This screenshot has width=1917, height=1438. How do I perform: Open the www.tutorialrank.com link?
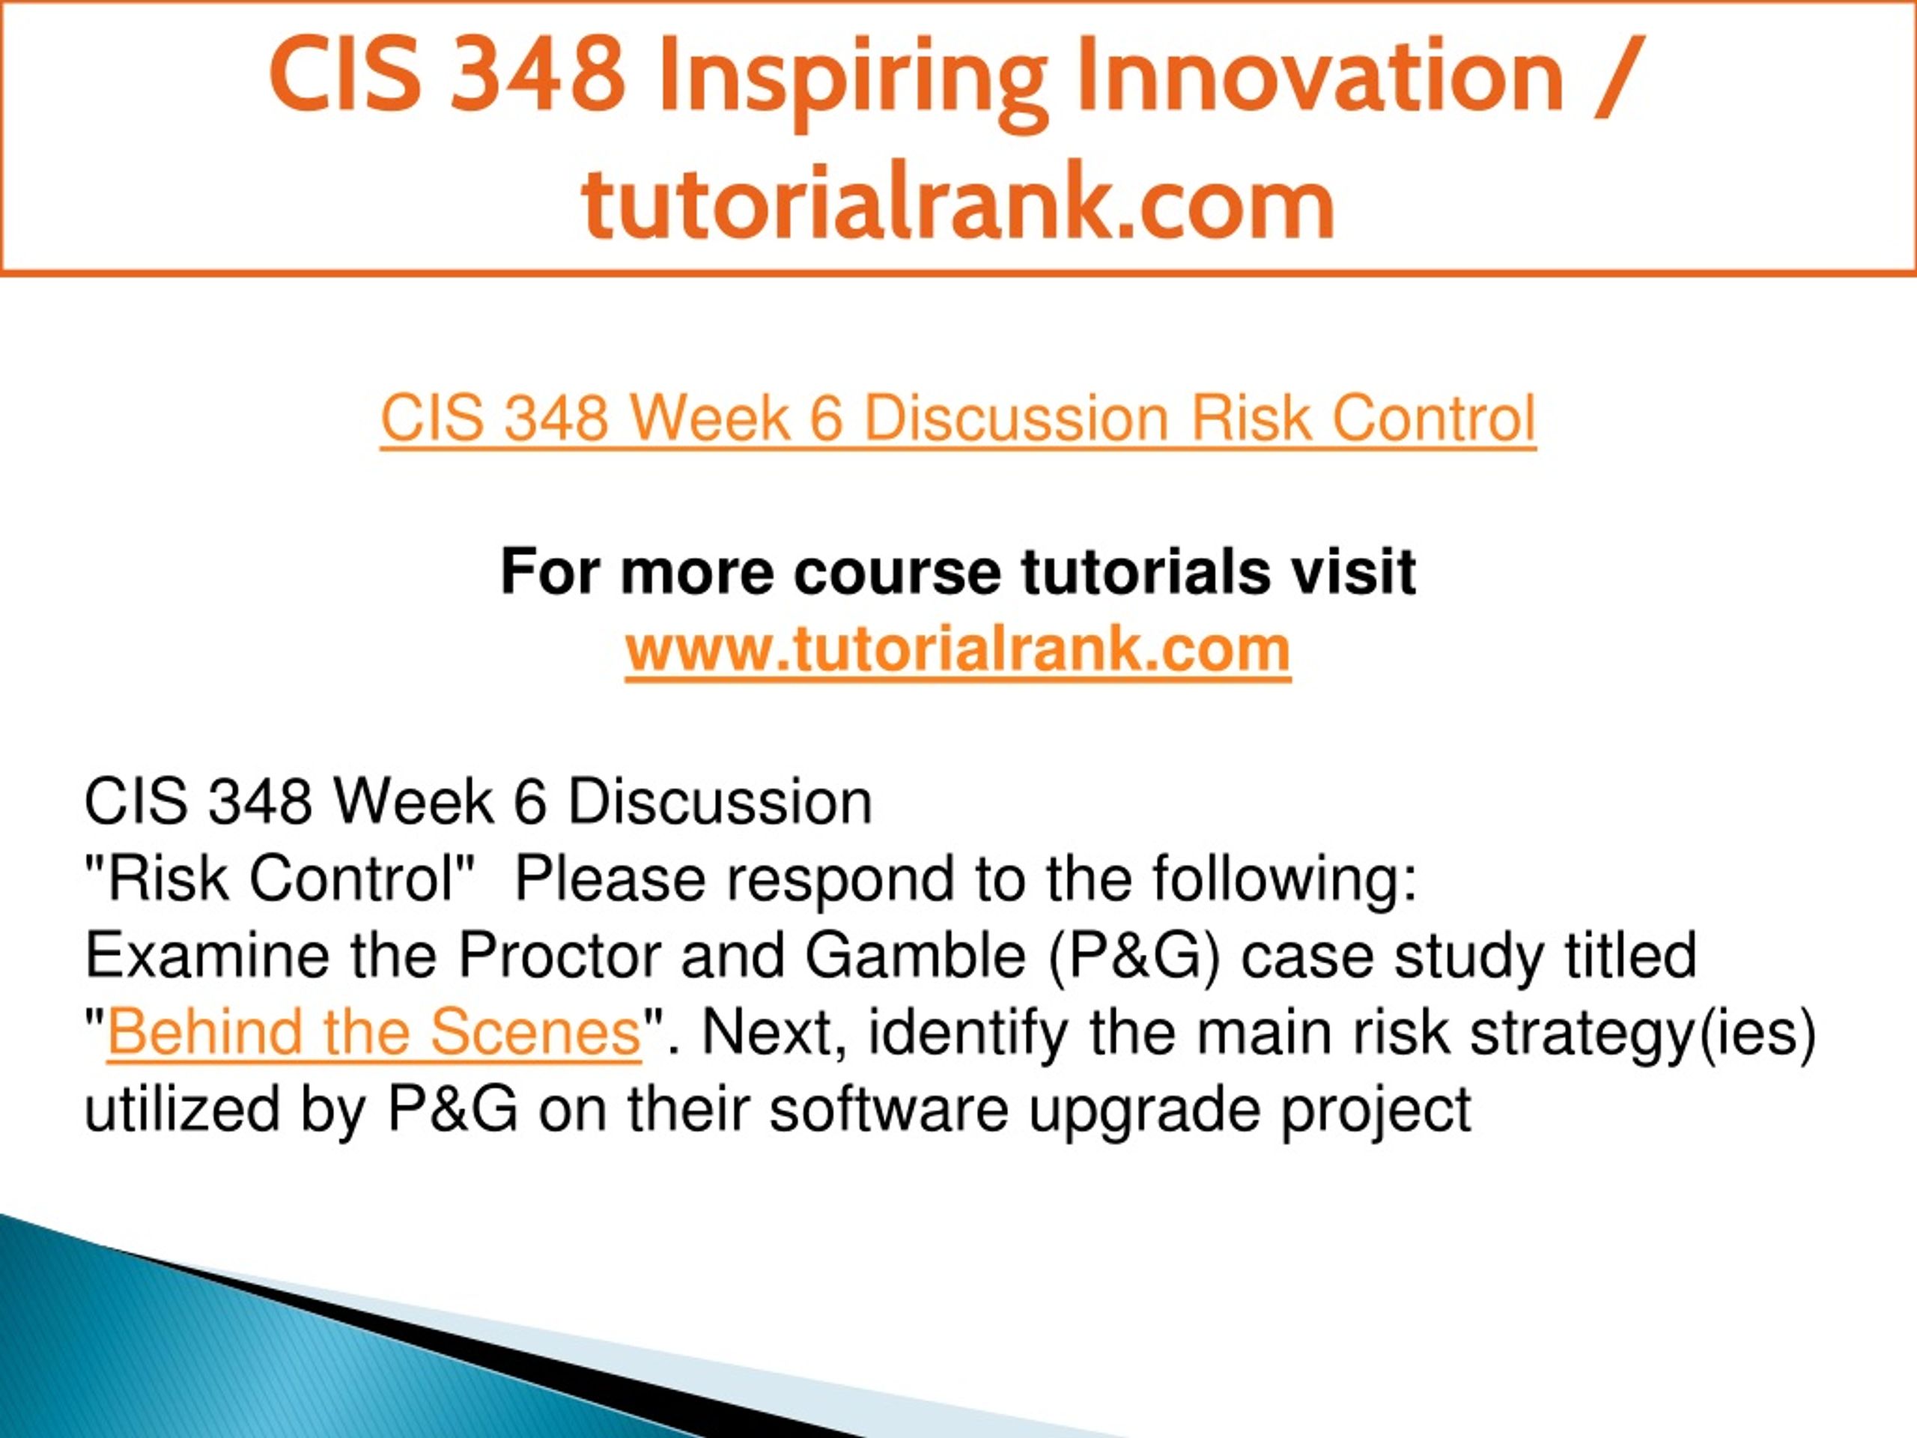[x=958, y=649]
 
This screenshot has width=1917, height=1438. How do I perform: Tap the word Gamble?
[x=916, y=957]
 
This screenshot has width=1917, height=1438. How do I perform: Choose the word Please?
[x=611, y=880]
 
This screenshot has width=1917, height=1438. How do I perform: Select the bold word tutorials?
[x=1144, y=572]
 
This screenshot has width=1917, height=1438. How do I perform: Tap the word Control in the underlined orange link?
[x=1433, y=418]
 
